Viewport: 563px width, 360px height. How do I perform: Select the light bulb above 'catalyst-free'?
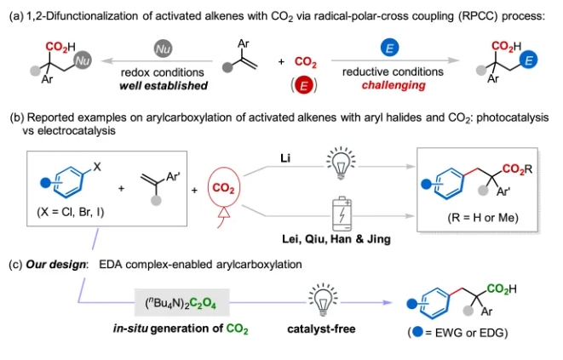pos(322,300)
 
